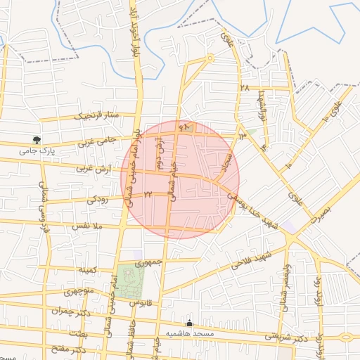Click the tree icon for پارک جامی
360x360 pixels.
37,141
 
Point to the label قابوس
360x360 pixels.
140,303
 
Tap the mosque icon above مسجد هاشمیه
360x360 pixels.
188,322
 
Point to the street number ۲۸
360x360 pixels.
245,88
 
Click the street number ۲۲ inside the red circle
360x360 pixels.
148,193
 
